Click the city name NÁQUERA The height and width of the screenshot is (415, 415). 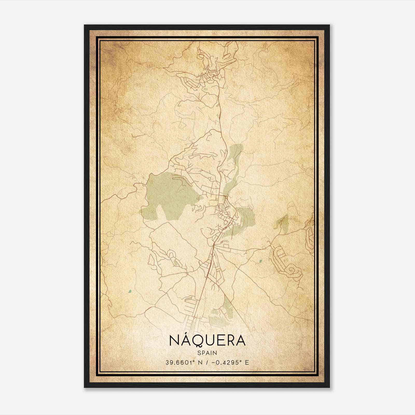pyautogui.click(x=207, y=340)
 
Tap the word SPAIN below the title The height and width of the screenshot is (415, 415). pyautogui.click(x=207, y=353)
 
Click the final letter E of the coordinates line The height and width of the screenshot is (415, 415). pyautogui.click(x=247, y=362)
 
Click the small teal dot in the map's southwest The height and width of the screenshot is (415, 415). pyautogui.click(x=130, y=291)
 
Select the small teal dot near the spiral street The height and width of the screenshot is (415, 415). pyautogui.click(x=260, y=261)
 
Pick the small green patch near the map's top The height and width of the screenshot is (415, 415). pyautogui.click(x=206, y=90)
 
